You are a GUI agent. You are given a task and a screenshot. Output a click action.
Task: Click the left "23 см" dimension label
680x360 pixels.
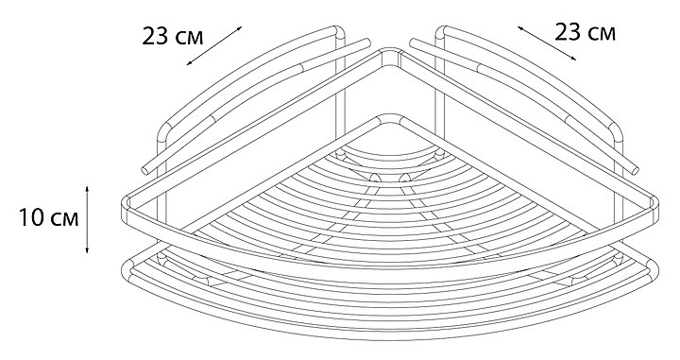[173, 37]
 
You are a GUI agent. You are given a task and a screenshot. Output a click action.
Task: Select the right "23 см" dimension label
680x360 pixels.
[585, 32]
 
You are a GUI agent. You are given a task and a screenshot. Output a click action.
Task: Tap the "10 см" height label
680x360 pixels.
[48, 217]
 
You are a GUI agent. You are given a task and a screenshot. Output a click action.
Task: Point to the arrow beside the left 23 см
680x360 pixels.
[214, 45]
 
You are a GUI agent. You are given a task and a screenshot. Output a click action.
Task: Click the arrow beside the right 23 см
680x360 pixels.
[547, 43]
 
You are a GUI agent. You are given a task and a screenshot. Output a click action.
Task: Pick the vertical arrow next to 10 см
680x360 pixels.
[87, 219]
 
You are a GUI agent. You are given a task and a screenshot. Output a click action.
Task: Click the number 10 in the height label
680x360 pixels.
[32, 217]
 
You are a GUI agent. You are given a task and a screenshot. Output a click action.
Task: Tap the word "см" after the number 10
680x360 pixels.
[65, 219]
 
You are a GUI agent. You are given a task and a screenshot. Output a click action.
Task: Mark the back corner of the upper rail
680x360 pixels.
[390, 53]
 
